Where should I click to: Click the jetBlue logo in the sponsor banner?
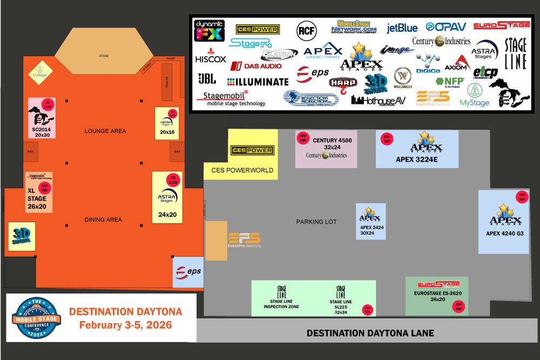coord(402,28)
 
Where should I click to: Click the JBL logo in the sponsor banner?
coord(207,79)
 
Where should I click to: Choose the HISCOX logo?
coord(211,58)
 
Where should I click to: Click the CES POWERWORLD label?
coord(242,170)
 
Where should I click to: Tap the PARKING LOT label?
coord(316,222)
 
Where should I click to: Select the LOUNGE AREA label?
coord(105,131)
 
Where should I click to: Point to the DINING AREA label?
coord(103,220)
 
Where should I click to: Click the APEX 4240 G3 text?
coord(505,234)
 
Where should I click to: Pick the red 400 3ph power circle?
coord(522,197)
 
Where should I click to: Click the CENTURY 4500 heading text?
coord(332,141)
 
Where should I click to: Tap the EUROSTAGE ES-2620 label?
coord(438,293)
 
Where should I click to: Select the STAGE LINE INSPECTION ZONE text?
coord(281,304)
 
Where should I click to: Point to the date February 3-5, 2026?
coord(125,325)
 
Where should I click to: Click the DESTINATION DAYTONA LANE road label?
coord(370,333)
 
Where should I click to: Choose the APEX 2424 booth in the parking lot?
coord(370,221)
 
